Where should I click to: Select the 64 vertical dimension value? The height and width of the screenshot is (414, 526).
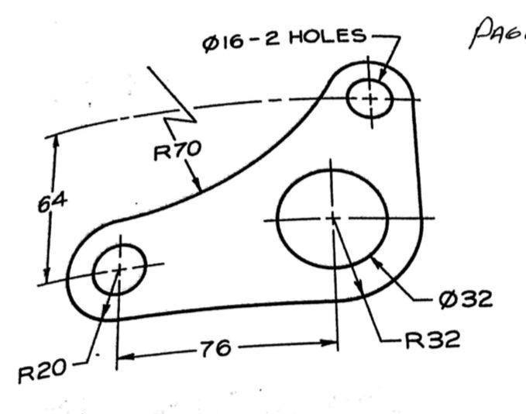click(x=53, y=202)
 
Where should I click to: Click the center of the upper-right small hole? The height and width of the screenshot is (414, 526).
click(x=371, y=98)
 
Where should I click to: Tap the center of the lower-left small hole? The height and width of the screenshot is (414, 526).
click(x=119, y=268)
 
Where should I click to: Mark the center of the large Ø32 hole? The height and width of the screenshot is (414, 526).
click(x=332, y=219)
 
